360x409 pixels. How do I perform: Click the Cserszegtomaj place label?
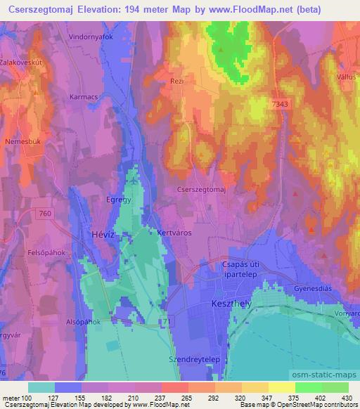(201, 190)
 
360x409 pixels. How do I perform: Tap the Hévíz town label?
(97, 234)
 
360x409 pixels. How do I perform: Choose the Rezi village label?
(176, 82)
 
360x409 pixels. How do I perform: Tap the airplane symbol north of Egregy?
(134, 181)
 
